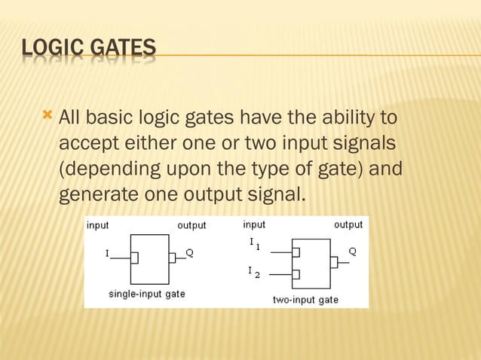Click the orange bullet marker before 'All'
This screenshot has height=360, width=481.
(x=47, y=116)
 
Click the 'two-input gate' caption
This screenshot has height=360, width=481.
(x=305, y=300)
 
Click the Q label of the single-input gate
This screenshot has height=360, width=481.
(x=190, y=253)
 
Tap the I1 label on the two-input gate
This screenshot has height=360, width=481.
(x=254, y=244)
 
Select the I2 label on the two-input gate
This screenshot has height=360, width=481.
(x=253, y=272)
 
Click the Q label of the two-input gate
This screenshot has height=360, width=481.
(x=352, y=251)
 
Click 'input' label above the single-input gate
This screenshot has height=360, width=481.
(x=97, y=225)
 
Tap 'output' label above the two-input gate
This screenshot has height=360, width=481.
(x=348, y=224)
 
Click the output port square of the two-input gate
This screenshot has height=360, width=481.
(x=333, y=263)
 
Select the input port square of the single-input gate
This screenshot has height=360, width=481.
(x=134, y=258)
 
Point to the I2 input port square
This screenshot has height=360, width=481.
(x=296, y=274)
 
